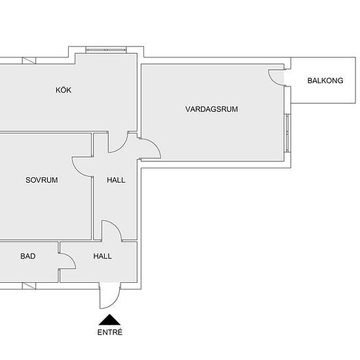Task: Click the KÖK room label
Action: [63, 90]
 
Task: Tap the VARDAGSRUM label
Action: [211, 109]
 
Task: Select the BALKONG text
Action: [325, 81]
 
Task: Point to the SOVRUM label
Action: [41, 180]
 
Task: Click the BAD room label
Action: [27, 256]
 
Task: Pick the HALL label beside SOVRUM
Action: [116, 180]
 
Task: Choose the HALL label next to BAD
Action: [102, 256]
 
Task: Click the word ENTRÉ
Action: [110, 333]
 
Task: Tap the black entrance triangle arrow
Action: [109, 320]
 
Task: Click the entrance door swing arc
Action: [115, 302]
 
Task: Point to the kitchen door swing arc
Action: [122, 147]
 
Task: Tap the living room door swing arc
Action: [155, 146]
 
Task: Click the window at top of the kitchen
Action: [106, 50]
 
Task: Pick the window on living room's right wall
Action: [287, 133]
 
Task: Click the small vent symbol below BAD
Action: [29, 286]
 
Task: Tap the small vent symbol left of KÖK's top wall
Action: [29, 60]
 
